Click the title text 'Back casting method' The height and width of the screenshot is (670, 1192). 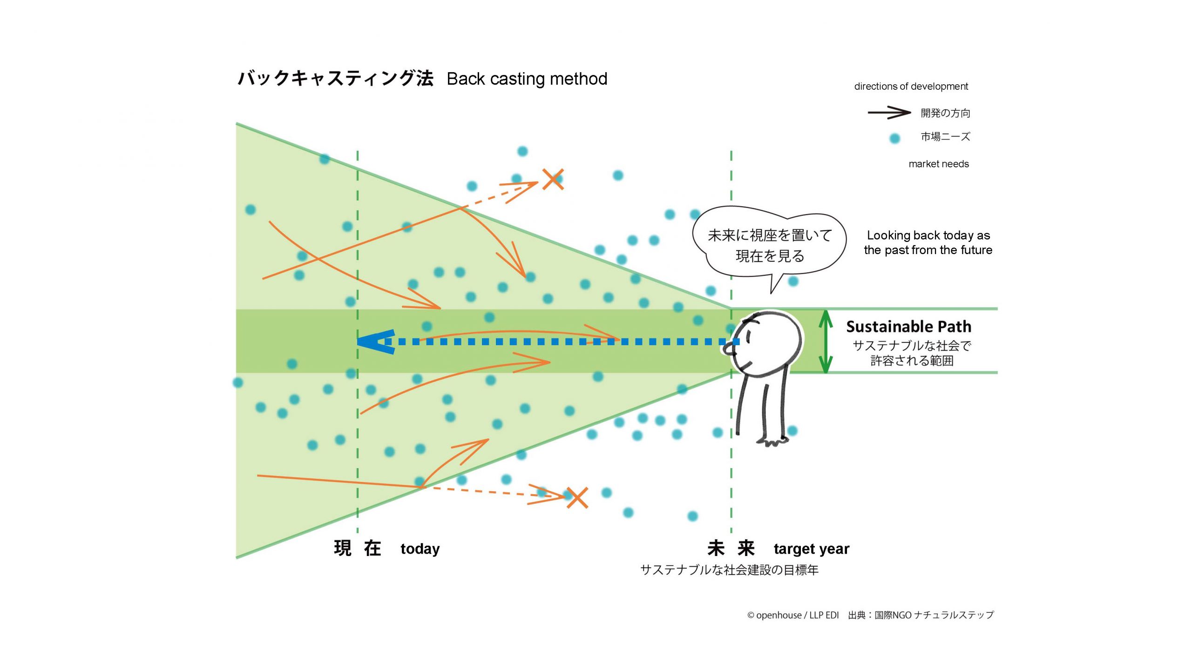[x=527, y=79]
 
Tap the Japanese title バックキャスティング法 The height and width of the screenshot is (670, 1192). [x=336, y=78]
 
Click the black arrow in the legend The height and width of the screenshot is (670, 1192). [x=889, y=113]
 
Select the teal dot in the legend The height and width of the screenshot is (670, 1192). [x=894, y=138]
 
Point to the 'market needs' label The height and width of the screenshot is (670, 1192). [x=938, y=164]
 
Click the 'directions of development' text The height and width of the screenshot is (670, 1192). [x=911, y=86]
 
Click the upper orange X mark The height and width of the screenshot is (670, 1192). [x=553, y=179]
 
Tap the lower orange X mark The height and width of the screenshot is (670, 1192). [x=577, y=497]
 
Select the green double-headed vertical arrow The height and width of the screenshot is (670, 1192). [x=826, y=342]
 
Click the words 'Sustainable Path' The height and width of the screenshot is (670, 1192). [x=908, y=327]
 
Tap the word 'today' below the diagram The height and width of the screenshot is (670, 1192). [x=420, y=549]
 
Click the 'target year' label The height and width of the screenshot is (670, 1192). [x=811, y=549]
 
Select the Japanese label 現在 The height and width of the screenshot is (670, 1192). [x=357, y=548]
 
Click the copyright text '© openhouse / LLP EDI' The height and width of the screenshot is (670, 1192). [x=792, y=615]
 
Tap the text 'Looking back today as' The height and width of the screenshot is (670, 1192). [x=928, y=235]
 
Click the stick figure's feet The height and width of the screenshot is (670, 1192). [x=773, y=441]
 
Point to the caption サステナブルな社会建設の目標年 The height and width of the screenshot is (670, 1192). [x=729, y=570]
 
